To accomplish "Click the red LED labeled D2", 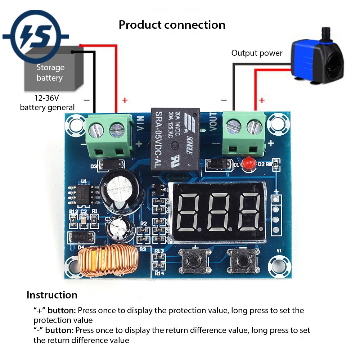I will point(247,164).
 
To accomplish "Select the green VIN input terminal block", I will point(108,135).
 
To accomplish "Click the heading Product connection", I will point(172,25).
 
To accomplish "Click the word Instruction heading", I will point(52,295).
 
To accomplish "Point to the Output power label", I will point(257,53).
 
